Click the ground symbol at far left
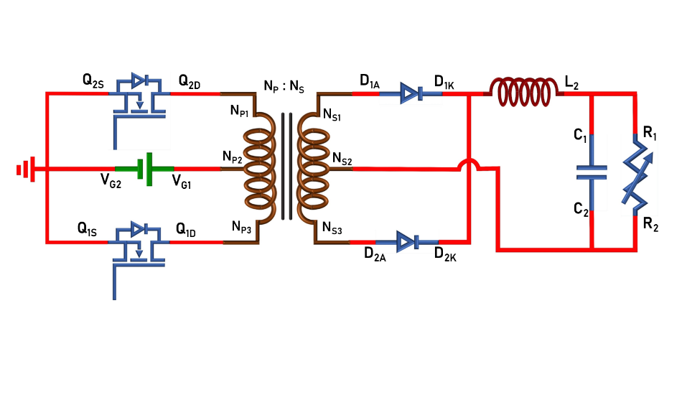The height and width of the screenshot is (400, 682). pyautogui.click(x=27, y=170)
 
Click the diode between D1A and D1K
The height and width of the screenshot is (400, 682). pyautogui.click(x=407, y=93)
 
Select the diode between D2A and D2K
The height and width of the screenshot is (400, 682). pyautogui.click(x=407, y=242)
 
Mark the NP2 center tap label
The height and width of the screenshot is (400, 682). pyautogui.click(x=233, y=157)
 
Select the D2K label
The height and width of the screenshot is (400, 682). pyautogui.click(x=444, y=256)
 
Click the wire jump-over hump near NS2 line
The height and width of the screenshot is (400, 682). pyautogui.click(x=468, y=167)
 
